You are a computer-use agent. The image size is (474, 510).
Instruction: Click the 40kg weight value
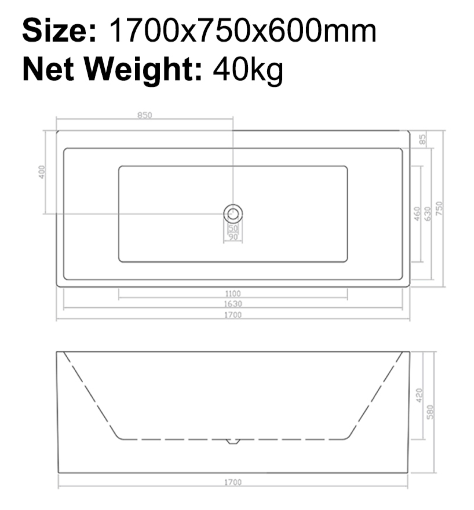click(x=248, y=70)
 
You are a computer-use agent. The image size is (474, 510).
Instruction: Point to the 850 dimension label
click(x=145, y=115)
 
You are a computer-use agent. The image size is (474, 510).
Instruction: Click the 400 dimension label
click(x=42, y=172)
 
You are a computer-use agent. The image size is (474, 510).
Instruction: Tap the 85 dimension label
click(x=423, y=140)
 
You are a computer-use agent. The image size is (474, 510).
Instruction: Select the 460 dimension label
click(x=417, y=214)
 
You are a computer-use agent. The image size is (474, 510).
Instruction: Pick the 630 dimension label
click(x=428, y=214)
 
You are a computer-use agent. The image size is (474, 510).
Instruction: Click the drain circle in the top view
click(x=233, y=214)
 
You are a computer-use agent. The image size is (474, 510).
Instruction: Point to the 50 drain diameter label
click(x=233, y=228)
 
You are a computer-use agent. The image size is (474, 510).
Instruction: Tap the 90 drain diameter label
click(x=233, y=237)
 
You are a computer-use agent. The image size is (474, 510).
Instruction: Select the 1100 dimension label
click(x=233, y=294)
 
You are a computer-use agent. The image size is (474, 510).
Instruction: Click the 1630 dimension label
click(x=233, y=304)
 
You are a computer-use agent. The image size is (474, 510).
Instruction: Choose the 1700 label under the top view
click(x=233, y=315)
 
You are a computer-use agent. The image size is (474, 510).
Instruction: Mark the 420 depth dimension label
click(x=419, y=395)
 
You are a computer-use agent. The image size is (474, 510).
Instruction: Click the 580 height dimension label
click(x=430, y=412)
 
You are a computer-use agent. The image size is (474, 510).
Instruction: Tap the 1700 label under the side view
click(x=233, y=482)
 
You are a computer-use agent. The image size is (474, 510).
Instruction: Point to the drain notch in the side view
click(x=233, y=442)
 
